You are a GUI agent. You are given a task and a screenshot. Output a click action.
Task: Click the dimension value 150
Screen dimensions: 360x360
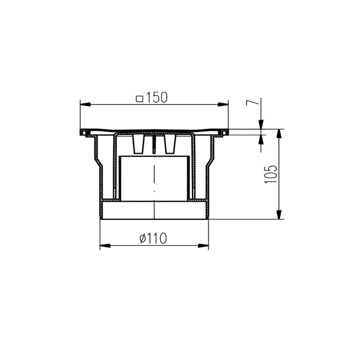click(x=156, y=97)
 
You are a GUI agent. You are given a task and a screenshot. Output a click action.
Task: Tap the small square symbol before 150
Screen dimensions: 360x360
click(x=139, y=99)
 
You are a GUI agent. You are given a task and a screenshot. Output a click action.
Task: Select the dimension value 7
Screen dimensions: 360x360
click(x=252, y=103)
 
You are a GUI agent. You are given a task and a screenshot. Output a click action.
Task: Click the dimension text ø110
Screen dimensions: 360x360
click(x=153, y=238)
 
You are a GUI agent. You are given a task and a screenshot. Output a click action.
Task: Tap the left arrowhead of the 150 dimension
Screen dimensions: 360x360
click(x=85, y=104)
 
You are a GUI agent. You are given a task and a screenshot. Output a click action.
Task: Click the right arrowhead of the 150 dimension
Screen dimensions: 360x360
click(x=223, y=104)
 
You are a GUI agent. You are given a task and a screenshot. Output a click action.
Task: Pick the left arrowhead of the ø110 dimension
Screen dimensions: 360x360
click(x=105, y=246)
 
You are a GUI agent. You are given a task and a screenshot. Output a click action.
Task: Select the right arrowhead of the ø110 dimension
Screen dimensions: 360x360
click(x=203, y=246)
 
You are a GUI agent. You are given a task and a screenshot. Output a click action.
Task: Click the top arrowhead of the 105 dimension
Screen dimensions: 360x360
click(x=279, y=134)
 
